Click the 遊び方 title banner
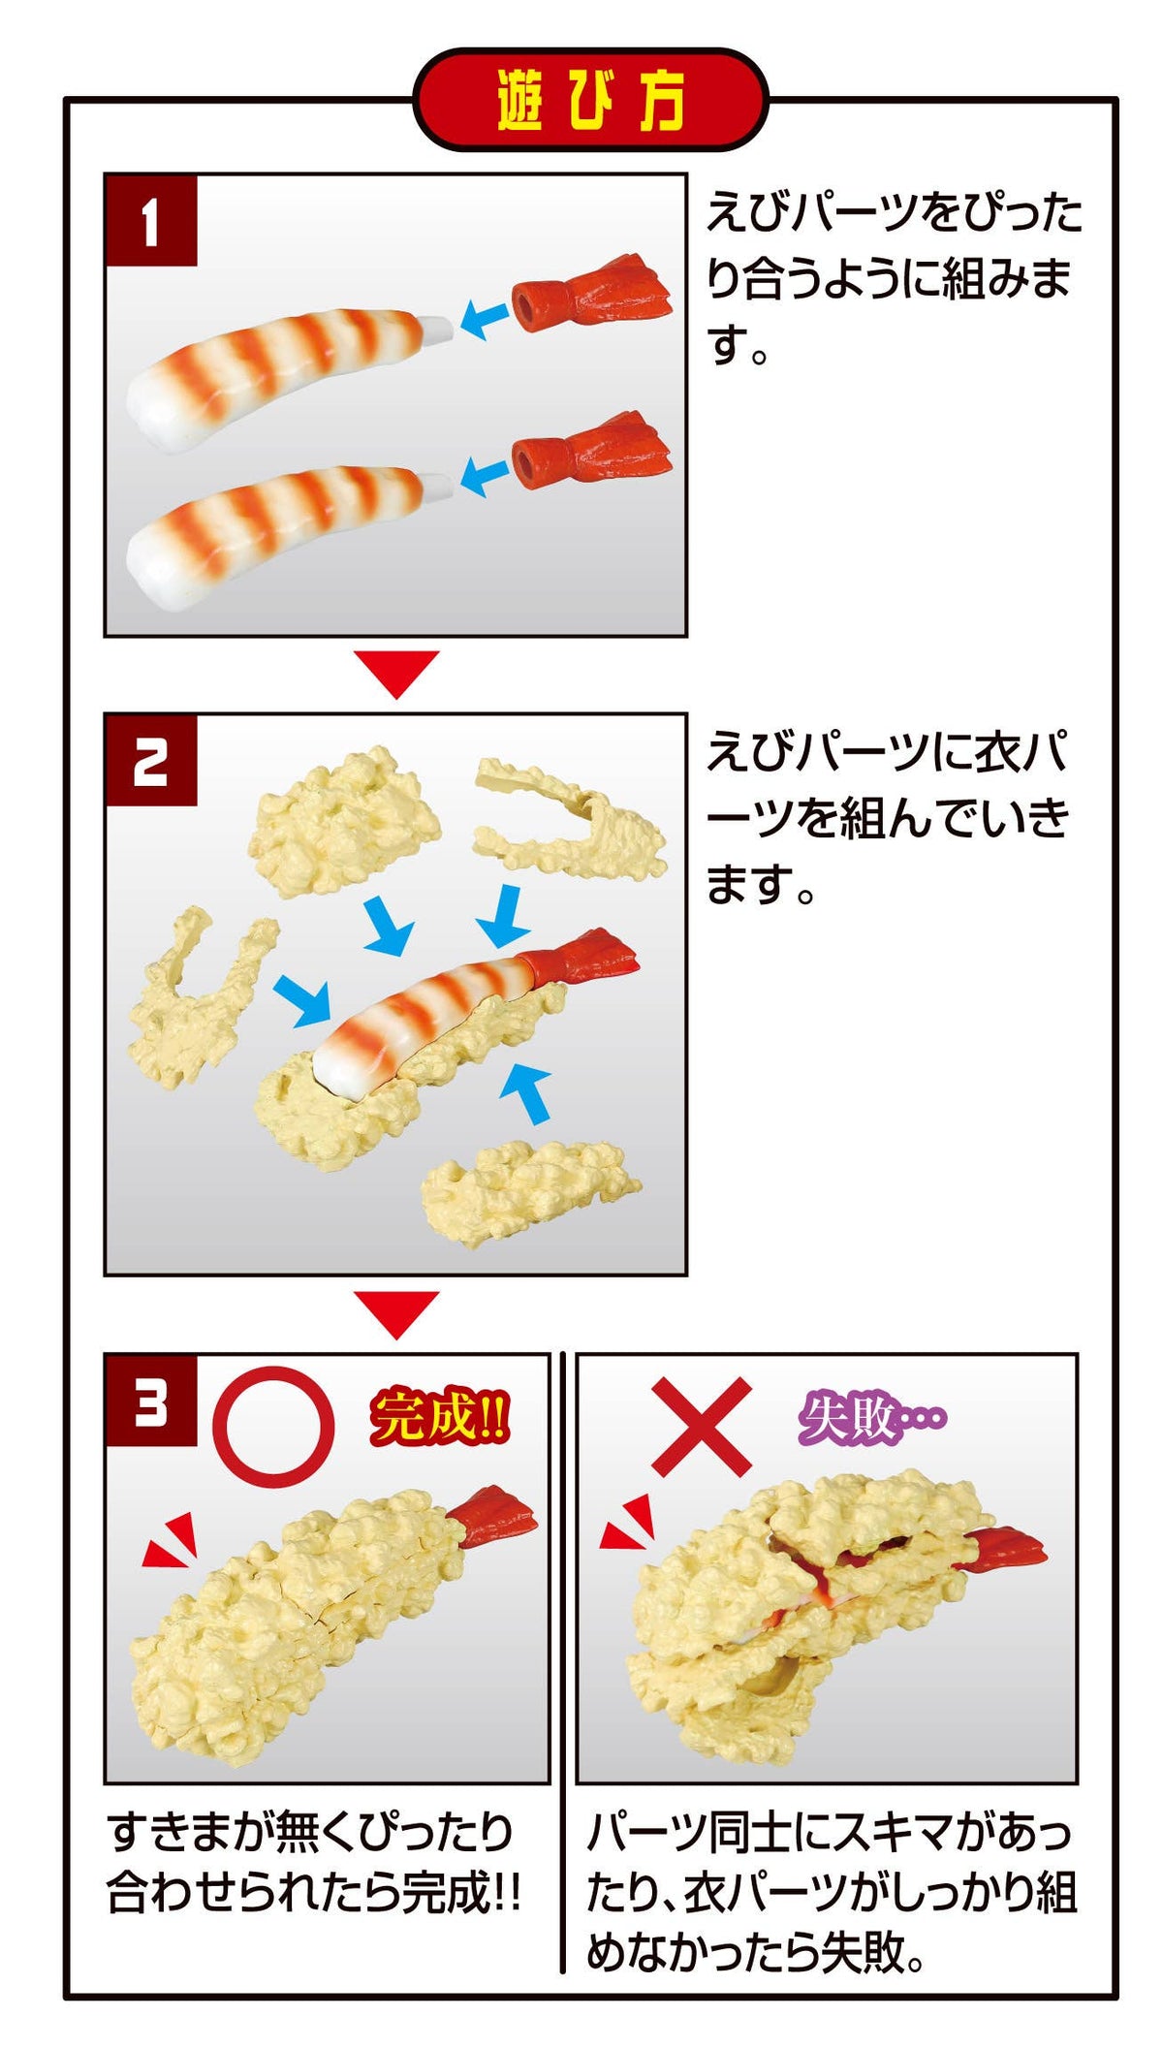[x=590, y=100]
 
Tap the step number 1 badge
[x=150, y=221]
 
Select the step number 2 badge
[x=150, y=762]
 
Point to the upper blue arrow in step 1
[x=484, y=317]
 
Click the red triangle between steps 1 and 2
[x=396, y=672]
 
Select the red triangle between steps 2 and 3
[x=396, y=1312]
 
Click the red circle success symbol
[x=273, y=1427]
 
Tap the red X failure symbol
[x=701, y=1426]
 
